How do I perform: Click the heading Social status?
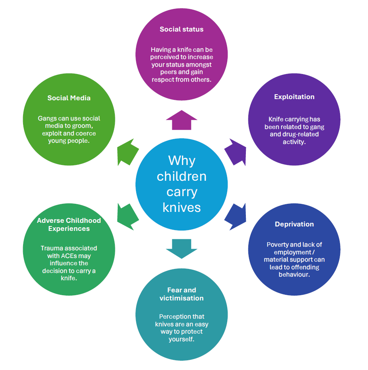click(x=182, y=29)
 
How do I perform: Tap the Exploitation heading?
click(x=294, y=97)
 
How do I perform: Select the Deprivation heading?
click(x=294, y=224)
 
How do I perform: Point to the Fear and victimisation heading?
click(x=182, y=294)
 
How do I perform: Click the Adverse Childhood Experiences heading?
click(x=69, y=224)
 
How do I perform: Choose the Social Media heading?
click(x=69, y=98)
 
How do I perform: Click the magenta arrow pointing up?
click(x=182, y=120)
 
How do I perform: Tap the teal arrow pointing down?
click(x=182, y=249)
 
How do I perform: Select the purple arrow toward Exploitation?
click(x=235, y=152)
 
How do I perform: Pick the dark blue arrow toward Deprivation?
click(x=235, y=217)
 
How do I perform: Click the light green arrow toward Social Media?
click(x=128, y=152)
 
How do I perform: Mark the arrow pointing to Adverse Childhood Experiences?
click(x=128, y=217)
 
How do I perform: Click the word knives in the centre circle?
click(x=182, y=207)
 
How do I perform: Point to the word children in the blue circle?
click(x=182, y=176)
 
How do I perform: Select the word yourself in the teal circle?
click(x=181, y=339)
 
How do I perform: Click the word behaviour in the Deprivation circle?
click(x=294, y=275)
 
